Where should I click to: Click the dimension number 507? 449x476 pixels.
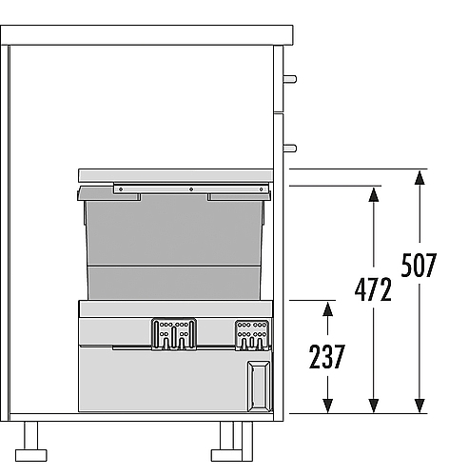[419, 265]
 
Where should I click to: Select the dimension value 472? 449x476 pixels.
[373, 289]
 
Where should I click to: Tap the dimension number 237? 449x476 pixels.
[327, 357]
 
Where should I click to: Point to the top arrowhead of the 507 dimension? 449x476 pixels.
[420, 177]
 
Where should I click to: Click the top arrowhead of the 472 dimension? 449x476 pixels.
[374, 194]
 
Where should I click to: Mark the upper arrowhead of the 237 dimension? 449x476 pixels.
[327, 308]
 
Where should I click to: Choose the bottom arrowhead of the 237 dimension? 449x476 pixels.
[327, 406]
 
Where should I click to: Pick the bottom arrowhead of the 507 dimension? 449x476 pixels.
[420, 406]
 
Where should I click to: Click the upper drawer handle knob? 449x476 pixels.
[290, 79]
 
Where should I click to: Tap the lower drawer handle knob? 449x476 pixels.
[290, 148]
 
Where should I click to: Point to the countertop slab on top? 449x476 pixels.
[146, 35]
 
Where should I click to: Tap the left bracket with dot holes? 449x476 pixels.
[174, 334]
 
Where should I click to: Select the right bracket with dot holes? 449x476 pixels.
[252, 335]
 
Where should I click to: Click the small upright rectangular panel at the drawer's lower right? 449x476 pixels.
[259, 387]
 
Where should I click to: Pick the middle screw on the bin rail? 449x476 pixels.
[191, 189]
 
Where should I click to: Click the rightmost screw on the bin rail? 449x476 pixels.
[261, 189]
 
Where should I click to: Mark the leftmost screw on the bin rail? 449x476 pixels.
[121, 189]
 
